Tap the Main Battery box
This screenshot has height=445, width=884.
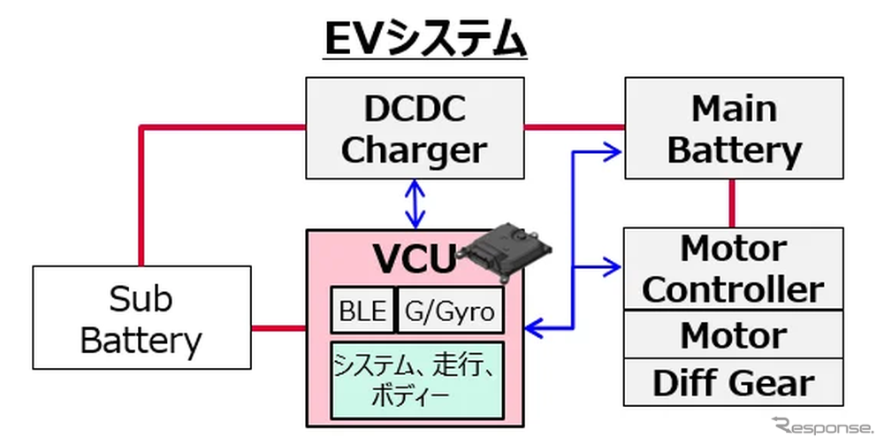tap(733, 128)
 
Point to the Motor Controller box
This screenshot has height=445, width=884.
tap(733, 268)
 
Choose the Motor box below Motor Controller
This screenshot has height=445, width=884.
tap(733, 335)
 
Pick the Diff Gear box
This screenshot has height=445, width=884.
tap(733, 383)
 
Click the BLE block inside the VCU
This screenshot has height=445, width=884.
tap(363, 311)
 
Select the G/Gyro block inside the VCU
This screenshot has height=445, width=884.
tap(451, 311)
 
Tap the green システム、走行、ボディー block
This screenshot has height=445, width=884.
tap(416, 379)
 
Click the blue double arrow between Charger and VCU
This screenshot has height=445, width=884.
tap(415, 203)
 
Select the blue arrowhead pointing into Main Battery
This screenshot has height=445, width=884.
tap(613, 151)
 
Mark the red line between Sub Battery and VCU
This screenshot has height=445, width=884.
tap(278, 328)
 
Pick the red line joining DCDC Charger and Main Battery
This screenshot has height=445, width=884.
tap(574, 127)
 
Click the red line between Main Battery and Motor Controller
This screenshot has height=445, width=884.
tap(733, 203)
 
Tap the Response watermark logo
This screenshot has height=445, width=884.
tap(821, 426)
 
